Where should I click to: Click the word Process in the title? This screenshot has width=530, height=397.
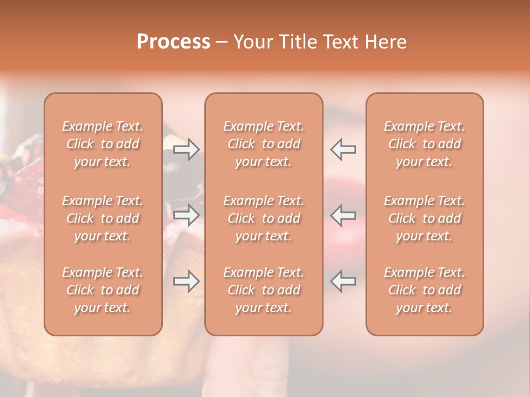tap(173, 42)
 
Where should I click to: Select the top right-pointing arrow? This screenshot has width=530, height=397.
tap(187, 149)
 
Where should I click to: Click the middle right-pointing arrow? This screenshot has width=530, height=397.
tap(187, 215)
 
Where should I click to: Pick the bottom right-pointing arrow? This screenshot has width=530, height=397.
tap(187, 281)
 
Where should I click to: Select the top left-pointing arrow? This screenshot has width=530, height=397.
tap(343, 149)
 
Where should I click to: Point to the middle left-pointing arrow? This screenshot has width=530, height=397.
tap(343, 215)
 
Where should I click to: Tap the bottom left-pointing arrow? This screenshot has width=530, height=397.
tap(343, 281)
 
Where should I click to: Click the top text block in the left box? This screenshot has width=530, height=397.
tap(103, 144)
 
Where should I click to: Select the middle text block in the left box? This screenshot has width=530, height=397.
tap(103, 218)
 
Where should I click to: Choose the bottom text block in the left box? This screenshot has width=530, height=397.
tap(103, 290)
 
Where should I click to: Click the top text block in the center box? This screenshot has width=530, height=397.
tap(264, 144)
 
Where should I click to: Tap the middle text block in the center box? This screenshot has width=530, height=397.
tap(264, 218)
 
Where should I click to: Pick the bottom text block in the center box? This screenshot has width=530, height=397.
tap(264, 290)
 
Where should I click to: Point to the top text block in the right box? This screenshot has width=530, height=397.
tap(425, 144)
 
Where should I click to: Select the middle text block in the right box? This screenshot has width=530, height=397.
tap(425, 218)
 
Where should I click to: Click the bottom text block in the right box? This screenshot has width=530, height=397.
tap(425, 290)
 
